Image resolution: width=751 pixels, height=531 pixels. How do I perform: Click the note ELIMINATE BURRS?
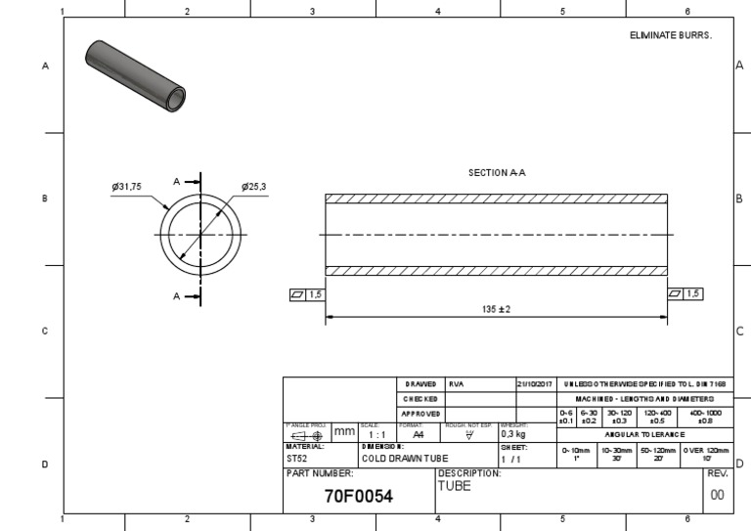tap(671, 34)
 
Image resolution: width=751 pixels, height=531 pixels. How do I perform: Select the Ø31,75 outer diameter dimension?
tap(128, 186)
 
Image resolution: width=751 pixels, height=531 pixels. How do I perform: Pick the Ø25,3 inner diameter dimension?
tap(253, 186)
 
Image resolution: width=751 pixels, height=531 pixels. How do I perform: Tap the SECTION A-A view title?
tap(497, 172)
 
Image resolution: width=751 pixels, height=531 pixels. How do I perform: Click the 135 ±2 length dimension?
tap(497, 309)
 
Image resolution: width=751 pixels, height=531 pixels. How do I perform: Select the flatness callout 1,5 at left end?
tap(306, 293)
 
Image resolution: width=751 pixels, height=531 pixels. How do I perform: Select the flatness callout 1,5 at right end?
tap(684, 293)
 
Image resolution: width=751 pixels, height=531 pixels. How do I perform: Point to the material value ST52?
tap(297, 457)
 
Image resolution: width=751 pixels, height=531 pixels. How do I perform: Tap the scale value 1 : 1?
tap(376, 435)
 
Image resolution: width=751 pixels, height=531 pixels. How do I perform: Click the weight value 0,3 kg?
tap(513, 435)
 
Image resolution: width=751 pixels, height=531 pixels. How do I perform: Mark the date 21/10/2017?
tap(535, 385)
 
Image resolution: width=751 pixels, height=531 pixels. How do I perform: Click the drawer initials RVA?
tap(457, 385)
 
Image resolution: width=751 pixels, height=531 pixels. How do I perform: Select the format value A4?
tap(419, 435)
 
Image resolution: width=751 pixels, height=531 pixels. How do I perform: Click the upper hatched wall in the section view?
tap(497, 199)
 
